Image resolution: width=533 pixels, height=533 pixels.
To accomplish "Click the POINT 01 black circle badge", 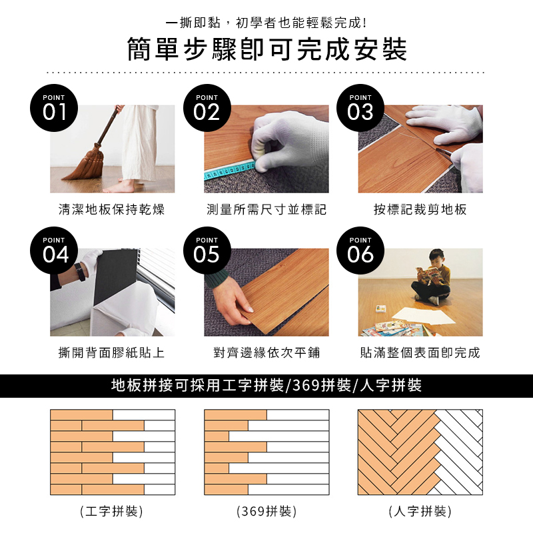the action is pyautogui.click(x=54, y=108).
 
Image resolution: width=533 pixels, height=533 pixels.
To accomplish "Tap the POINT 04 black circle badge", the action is pyautogui.click(x=54, y=251).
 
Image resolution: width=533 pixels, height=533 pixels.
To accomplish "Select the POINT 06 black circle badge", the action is pyautogui.click(x=360, y=251).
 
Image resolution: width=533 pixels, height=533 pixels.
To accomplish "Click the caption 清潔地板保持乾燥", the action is pyautogui.click(x=111, y=209).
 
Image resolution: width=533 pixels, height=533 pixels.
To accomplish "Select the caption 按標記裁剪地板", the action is pyautogui.click(x=420, y=209).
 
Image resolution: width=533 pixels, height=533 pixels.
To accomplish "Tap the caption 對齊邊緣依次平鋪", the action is pyautogui.click(x=266, y=352).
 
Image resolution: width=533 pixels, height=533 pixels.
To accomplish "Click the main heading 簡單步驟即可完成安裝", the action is pyautogui.click(x=267, y=49).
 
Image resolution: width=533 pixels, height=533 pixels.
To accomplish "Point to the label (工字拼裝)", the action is pyautogui.click(x=111, y=511).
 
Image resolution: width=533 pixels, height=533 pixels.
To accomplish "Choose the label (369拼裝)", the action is pyautogui.click(x=266, y=511).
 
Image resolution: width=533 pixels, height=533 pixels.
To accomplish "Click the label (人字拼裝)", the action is pyautogui.click(x=420, y=511).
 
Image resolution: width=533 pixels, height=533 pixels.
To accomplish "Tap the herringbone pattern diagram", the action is pyautogui.click(x=420, y=452).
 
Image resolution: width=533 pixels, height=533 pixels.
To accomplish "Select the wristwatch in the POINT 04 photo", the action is pyautogui.click(x=81, y=272).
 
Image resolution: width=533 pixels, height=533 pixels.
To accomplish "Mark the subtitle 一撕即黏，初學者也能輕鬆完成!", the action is pyautogui.click(x=266, y=23).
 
